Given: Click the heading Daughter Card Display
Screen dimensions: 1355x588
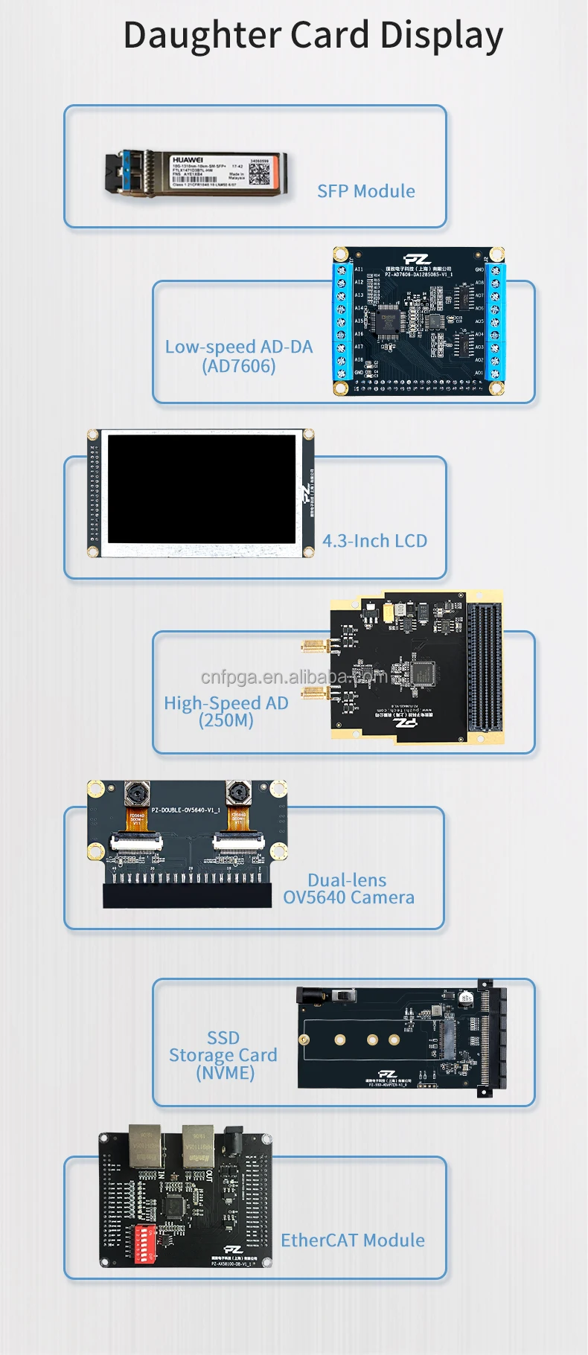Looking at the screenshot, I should click(313, 35).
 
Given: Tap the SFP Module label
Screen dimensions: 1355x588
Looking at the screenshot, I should click(365, 191).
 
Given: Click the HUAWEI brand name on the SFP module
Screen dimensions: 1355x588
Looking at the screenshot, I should click(187, 160).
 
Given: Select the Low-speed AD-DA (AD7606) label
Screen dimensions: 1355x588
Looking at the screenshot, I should click(239, 356).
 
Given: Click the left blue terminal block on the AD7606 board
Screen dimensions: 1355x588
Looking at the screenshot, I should click(342, 321).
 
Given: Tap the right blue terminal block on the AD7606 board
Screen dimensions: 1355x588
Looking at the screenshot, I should click(495, 321).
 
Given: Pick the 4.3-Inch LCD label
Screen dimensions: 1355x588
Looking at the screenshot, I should click(374, 541).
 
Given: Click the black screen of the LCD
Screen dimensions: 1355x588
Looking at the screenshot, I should click(202, 489).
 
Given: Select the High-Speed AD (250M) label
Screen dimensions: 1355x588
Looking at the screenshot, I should click(226, 711).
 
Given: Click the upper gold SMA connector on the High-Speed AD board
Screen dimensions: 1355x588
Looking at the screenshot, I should click(316, 645).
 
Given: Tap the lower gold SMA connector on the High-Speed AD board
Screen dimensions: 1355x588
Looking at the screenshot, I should click(316, 693).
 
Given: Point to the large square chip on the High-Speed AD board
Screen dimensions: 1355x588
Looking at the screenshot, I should click(422, 672).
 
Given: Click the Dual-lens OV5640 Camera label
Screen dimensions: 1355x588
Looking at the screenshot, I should click(348, 888).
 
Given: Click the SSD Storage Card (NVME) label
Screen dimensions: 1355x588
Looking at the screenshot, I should click(223, 1055).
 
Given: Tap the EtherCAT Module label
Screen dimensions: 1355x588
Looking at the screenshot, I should click(352, 1240).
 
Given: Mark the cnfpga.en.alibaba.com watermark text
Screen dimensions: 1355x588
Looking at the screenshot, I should click(294, 676).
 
